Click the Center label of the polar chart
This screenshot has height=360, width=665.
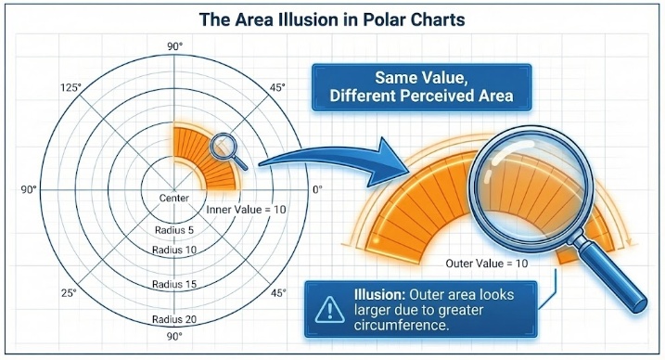174,199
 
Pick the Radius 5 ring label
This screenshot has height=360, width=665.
174,229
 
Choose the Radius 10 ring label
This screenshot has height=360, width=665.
174,249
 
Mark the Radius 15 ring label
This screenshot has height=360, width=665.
174,285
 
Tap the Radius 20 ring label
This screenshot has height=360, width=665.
174,318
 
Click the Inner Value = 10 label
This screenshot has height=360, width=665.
247,211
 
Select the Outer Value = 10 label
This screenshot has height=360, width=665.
487,264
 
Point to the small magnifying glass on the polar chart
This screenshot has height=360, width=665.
227,149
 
